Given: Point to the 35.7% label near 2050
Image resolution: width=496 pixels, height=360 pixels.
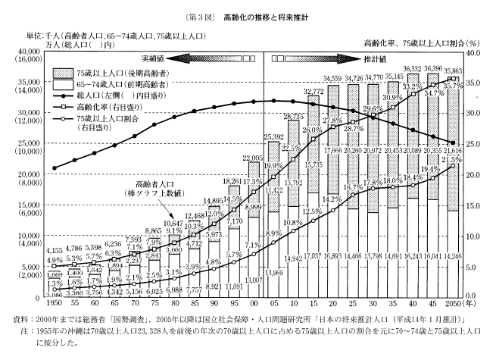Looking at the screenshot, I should point(452,86).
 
